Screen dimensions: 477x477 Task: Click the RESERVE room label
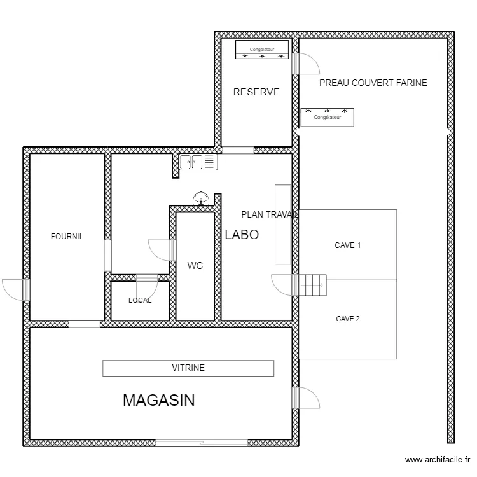point(256,92)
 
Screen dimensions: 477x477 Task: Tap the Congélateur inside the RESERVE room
point(262,49)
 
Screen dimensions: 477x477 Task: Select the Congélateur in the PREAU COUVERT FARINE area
point(328,117)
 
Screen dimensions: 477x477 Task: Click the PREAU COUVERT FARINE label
point(373,83)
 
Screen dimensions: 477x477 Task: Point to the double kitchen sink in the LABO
point(198,162)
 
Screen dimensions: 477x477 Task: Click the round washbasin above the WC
point(201,198)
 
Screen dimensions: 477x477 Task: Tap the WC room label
point(195,266)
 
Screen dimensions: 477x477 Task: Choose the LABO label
point(242,235)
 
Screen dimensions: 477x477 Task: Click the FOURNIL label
point(67,237)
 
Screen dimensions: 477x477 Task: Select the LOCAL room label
point(140,300)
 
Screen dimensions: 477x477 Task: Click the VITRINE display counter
point(188,368)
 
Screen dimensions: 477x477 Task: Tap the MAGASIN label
point(159,400)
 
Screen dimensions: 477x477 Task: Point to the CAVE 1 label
point(347,245)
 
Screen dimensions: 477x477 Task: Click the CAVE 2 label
point(348,319)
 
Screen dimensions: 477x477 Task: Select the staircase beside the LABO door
point(313,285)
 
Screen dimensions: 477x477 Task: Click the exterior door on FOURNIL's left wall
point(16,290)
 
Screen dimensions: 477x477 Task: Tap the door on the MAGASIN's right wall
point(306,397)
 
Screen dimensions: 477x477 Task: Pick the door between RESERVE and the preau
point(306,64)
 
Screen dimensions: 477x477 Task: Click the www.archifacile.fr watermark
point(438,459)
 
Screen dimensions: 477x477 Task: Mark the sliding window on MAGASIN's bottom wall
point(202,443)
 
